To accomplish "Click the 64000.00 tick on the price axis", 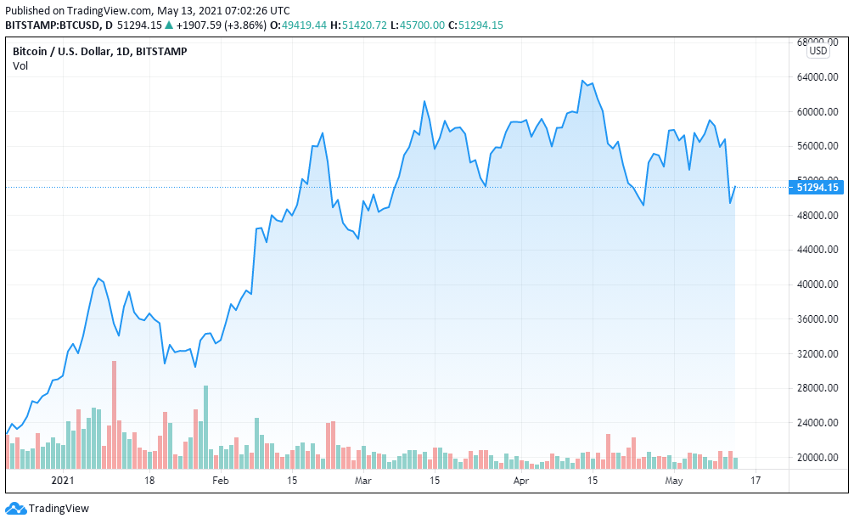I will [818, 77].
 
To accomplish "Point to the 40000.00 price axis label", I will [818, 285].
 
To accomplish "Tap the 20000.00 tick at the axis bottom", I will [818, 458].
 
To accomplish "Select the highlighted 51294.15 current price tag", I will [817, 187].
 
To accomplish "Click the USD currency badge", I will [818, 51].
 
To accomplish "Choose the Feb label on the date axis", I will [220, 481].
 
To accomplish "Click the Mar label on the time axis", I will [363, 481].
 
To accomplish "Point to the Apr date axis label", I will [521, 481].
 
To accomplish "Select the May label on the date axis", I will [673, 481].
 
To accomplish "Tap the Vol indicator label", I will [20, 66].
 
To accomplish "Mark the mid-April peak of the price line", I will [582, 81].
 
